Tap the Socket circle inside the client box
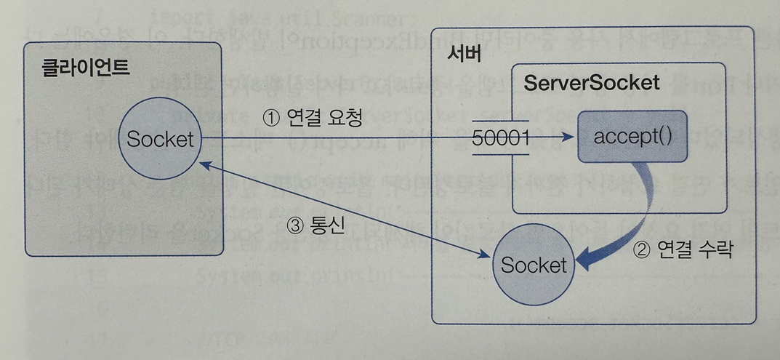click(161, 138)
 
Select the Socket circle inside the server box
click(534, 265)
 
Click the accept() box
click(632, 137)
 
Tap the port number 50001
click(501, 138)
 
